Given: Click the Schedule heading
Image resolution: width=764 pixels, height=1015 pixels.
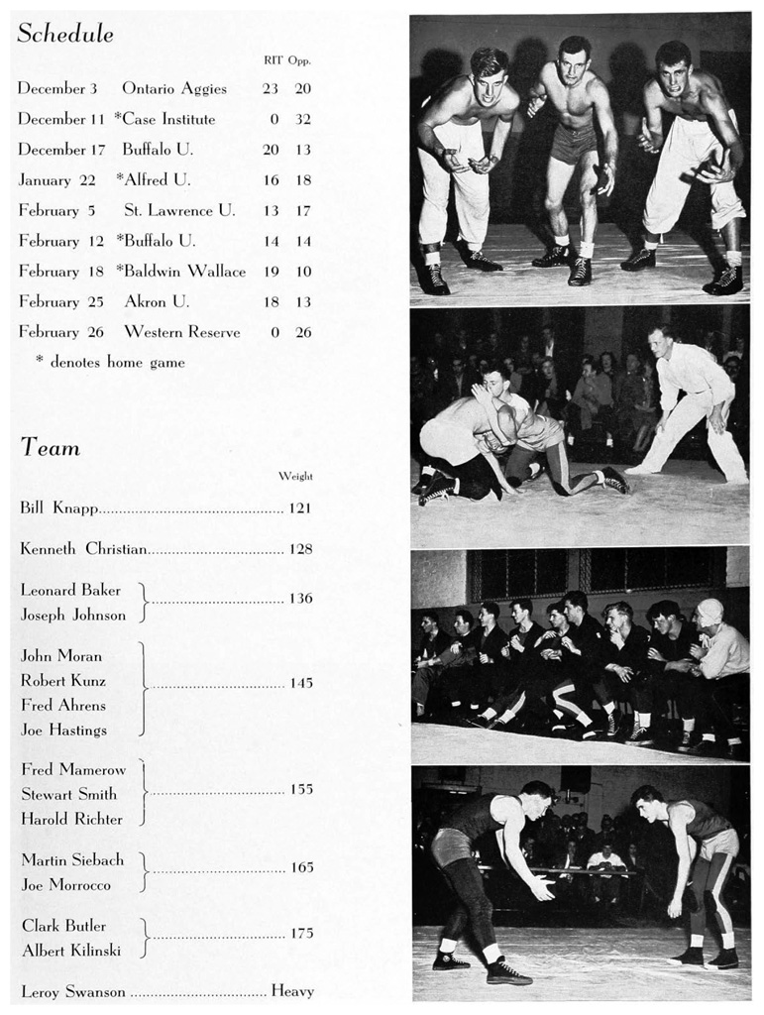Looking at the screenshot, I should click(x=65, y=34).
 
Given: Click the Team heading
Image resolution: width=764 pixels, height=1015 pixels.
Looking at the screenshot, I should click(x=51, y=448).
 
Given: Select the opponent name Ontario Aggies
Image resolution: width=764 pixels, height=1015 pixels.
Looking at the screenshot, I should click(x=174, y=88).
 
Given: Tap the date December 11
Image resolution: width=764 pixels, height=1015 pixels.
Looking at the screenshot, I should click(x=60, y=119).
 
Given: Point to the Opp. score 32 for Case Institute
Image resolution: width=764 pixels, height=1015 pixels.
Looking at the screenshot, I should click(x=302, y=119).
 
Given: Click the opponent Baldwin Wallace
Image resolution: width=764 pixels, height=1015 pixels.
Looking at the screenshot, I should click(x=185, y=271).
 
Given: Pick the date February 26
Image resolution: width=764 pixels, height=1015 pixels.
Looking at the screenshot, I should click(x=60, y=332).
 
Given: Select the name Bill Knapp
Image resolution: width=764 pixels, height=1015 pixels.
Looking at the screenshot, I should click(x=58, y=508).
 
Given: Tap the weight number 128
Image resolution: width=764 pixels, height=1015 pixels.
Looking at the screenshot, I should click(x=300, y=548).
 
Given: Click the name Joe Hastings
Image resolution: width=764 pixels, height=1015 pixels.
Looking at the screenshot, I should click(x=63, y=730).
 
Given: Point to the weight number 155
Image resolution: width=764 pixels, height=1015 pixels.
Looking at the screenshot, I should click(x=300, y=789).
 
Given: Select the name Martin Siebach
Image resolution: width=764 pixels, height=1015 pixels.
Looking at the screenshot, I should click(x=72, y=860).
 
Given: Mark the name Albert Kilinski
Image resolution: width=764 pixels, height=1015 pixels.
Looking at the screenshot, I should click(x=71, y=951).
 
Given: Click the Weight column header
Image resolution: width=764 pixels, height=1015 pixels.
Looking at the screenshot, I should click(x=295, y=476).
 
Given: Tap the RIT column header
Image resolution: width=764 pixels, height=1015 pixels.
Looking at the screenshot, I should click(x=273, y=60).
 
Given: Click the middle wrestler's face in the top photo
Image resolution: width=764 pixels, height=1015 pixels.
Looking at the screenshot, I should click(x=573, y=63).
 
